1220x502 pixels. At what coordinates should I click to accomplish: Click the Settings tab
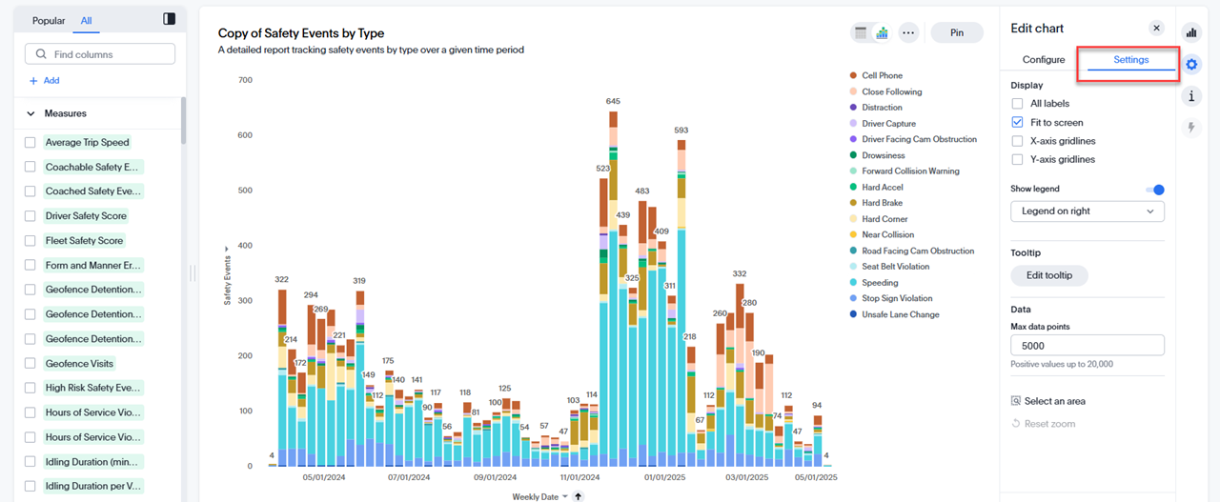[1131, 60]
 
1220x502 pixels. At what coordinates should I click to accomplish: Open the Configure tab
[1043, 60]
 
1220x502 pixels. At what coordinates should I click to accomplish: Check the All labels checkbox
[1018, 104]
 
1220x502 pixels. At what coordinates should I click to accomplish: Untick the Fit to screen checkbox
[1018, 123]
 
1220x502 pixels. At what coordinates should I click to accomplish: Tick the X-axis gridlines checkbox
[1018, 141]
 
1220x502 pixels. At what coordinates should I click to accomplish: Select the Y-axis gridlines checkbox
[1018, 160]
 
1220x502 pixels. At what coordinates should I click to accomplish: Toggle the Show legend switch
[1154, 190]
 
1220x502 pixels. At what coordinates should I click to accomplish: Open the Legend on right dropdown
[1087, 211]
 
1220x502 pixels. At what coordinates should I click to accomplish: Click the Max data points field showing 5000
[1087, 346]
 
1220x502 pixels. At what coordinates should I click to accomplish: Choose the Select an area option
[1054, 402]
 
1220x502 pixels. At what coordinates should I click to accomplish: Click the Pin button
[957, 32]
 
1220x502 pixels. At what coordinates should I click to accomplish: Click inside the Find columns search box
[100, 54]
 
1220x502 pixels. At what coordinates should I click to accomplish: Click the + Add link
[45, 81]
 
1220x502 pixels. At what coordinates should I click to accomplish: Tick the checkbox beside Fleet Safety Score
[30, 241]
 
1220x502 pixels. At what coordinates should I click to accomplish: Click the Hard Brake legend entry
[882, 203]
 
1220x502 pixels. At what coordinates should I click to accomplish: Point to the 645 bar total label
[613, 102]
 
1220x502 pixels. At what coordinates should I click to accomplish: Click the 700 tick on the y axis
[245, 80]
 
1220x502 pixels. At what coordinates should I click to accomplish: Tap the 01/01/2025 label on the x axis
[664, 477]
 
